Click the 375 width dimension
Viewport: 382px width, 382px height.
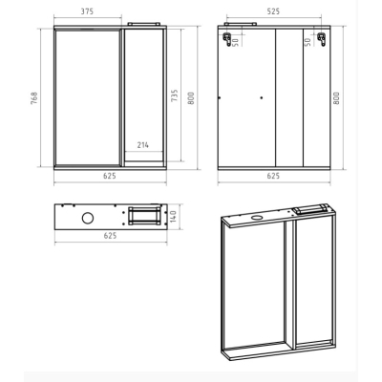click(x=87, y=11)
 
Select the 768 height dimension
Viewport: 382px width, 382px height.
click(x=34, y=98)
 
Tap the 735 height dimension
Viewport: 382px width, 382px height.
click(x=175, y=95)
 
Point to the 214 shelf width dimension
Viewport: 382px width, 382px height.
click(x=143, y=145)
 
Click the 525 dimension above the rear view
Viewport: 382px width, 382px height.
click(x=273, y=11)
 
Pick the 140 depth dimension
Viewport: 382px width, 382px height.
click(x=174, y=216)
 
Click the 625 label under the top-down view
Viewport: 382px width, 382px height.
click(x=110, y=236)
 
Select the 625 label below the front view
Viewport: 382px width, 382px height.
click(x=110, y=176)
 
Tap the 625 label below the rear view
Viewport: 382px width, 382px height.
click(x=273, y=176)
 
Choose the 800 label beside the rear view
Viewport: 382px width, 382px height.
click(x=336, y=98)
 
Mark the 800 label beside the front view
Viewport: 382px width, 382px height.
click(x=191, y=98)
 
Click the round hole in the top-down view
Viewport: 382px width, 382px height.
click(x=88, y=218)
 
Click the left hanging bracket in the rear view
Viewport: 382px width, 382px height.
click(x=227, y=39)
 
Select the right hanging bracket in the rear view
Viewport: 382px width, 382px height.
click(x=322, y=39)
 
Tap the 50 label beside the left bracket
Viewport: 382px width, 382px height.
click(x=236, y=42)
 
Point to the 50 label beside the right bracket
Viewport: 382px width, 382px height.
click(x=308, y=42)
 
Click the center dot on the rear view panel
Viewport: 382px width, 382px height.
click(x=262, y=98)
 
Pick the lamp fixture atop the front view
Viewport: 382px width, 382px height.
click(x=143, y=24)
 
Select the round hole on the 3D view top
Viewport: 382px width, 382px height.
click(x=256, y=218)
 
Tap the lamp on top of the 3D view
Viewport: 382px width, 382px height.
click(x=308, y=208)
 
